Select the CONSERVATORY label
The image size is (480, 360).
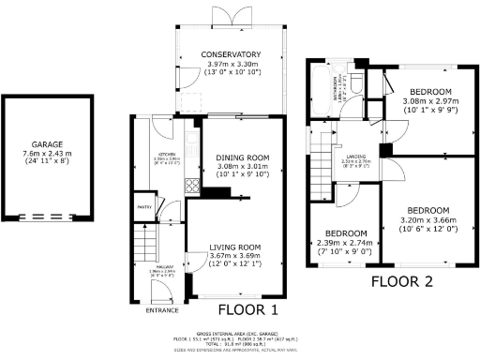tap(221, 54)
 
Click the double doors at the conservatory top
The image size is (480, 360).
tap(220, 10)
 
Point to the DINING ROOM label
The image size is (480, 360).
tap(242, 157)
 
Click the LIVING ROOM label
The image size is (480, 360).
tap(233, 247)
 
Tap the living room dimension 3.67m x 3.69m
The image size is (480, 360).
tap(233, 257)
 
